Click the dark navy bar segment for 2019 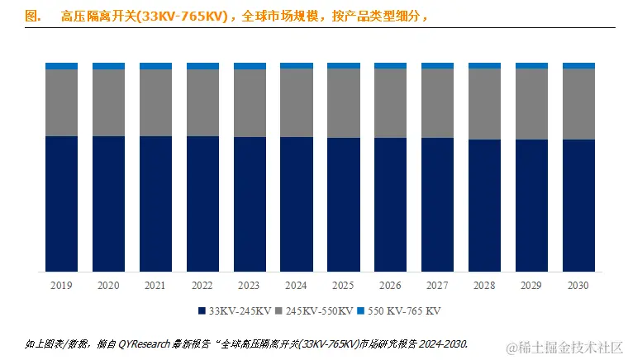click(x=61, y=203)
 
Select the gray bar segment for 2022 click(x=202, y=102)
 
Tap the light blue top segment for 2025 click(x=344, y=65)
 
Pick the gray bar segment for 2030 click(x=578, y=103)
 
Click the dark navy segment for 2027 click(x=438, y=204)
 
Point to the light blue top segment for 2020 click(x=108, y=65)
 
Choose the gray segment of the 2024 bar click(x=297, y=102)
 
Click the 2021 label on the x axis click(x=155, y=286)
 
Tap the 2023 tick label click(x=250, y=286)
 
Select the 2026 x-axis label click(x=391, y=286)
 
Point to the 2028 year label click(x=485, y=286)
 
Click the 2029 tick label click(x=532, y=286)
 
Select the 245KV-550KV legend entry click(x=319, y=311)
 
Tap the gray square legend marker click(x=279, y=311)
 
